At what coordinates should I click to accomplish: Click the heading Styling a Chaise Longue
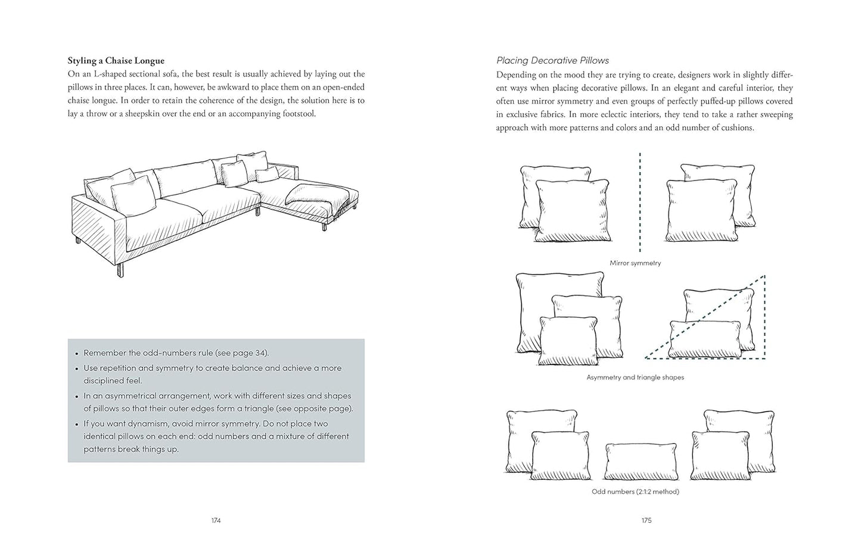[116, 61]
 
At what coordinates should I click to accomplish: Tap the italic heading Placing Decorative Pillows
[552, 61]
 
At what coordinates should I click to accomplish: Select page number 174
[216, 520]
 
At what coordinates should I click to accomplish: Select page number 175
[646, 520]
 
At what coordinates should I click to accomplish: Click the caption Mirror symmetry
[635, 263]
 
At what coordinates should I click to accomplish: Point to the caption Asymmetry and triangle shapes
[635, 378]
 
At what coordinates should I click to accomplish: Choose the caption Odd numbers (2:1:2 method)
[635, 492]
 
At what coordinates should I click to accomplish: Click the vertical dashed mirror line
[640, 202]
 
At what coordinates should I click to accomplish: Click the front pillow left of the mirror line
[572, 211]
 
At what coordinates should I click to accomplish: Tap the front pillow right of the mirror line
[701, 211]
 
